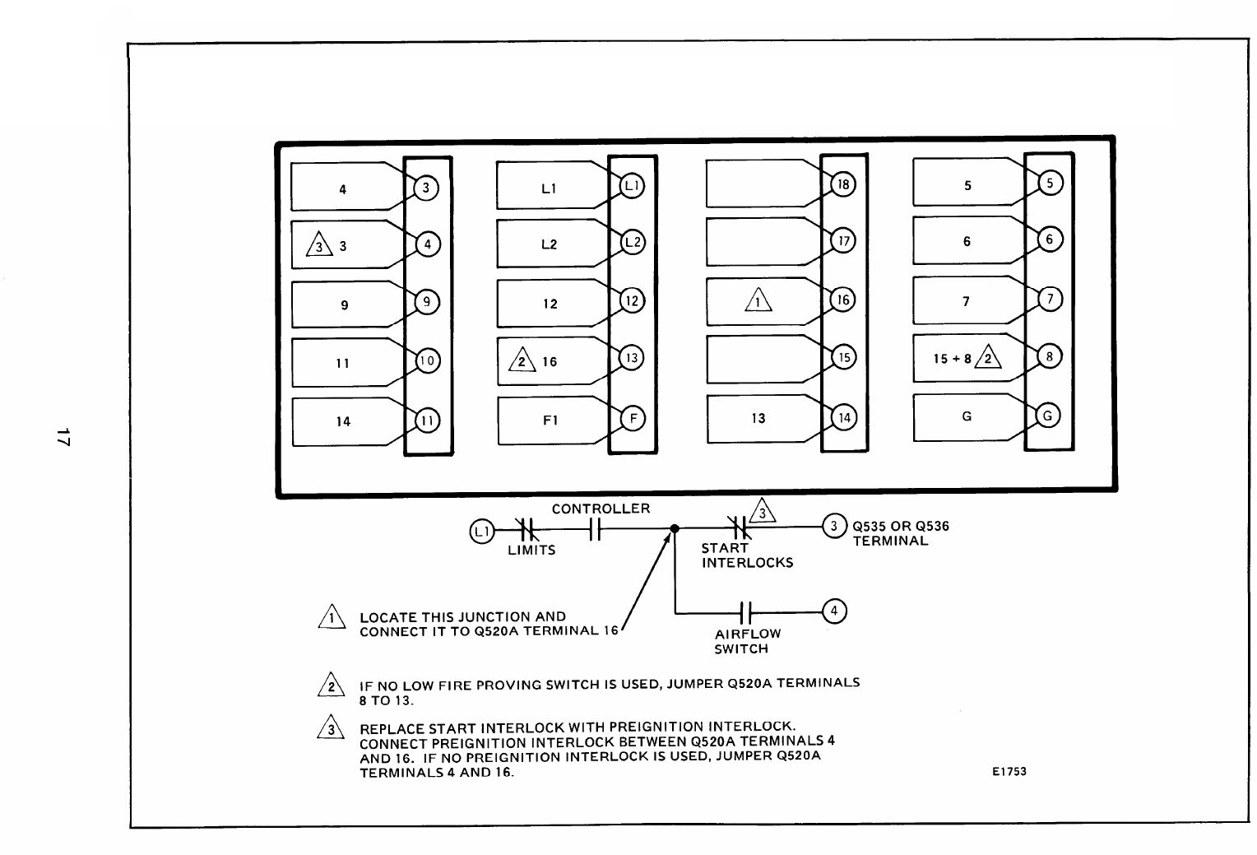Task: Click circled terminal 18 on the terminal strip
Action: (x=843, y=185)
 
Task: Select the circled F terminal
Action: (x=633, y=418)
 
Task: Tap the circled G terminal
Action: (x=1047, y=416)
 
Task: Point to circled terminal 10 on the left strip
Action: (x=427, y=361)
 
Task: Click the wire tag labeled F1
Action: (x=550, y=421)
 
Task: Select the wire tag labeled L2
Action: (x=550, y=244)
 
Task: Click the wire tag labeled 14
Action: (x=343, y=421)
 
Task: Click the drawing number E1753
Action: (x=1009, y=772)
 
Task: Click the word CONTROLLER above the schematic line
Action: (x=601, y=509)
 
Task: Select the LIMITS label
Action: (x=531, y=551)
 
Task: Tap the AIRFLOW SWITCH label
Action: (x=747, y=641)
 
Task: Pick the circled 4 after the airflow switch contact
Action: (x=834, y=611)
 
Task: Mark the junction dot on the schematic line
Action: (x=675, y=529)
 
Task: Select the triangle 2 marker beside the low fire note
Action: (x=331, y=685)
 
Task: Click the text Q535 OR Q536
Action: (x=900, y=527)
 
